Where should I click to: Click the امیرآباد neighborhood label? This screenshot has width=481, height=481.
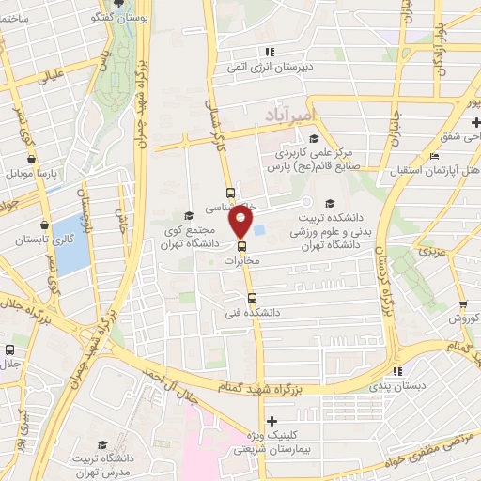tap(298, 112)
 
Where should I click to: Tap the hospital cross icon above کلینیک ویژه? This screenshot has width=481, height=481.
tap(272, 421)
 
